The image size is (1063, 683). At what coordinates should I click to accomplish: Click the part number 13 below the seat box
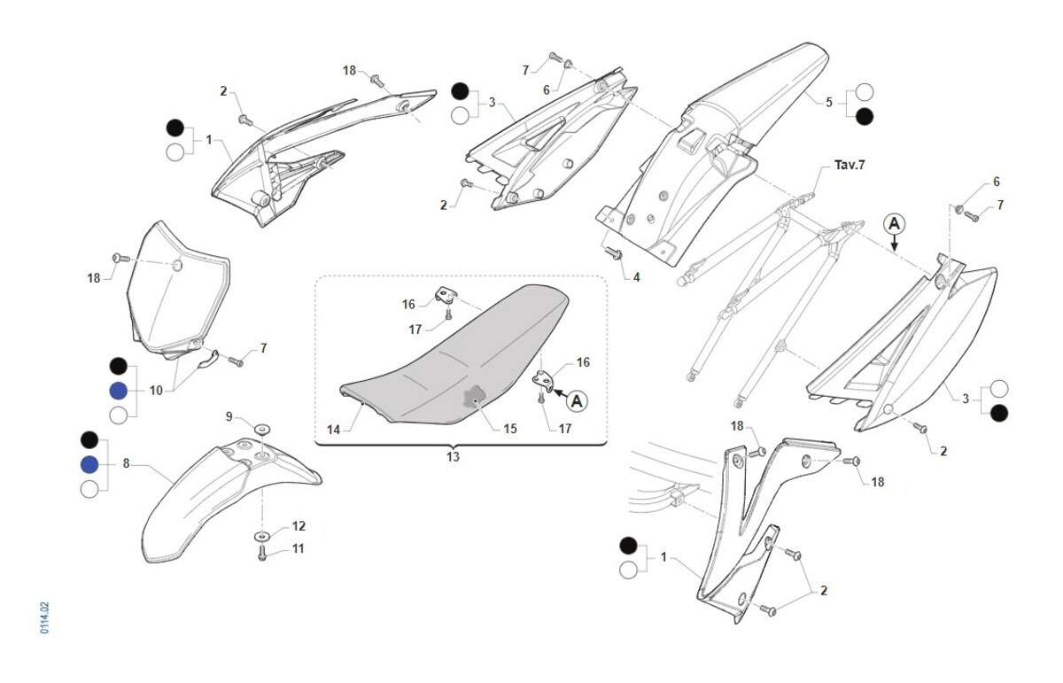pyautogui.click(x=454, y=457)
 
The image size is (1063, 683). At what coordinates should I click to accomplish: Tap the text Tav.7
pyautogui.click(x=850, y=166)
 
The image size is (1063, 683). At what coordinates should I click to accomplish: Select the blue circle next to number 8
pyautogui.click(x=89, y=465)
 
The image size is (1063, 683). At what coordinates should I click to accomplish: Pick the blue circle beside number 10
pyautogui.click(x=118, y=391)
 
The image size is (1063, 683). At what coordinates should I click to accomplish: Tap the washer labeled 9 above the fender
pyautogui.click(x=263, y=430)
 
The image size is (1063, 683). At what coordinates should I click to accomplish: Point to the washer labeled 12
pyautogui.click(x=263, y=537)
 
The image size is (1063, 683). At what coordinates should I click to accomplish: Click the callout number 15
pyautogui.click(x=509, y=430)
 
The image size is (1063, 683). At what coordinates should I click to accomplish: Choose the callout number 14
pyautogui.click(x=333, y=430)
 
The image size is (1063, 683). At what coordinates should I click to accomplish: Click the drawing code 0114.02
pyautogui.click(x=44, y=617)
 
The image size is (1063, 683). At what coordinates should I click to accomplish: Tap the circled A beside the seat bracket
pyautogui.click(x=577, y=401)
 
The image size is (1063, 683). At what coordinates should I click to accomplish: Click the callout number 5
pyautogui.click(x=829, y=102)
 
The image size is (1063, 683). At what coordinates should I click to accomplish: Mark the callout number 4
pyautogui.click(x=635, y=277)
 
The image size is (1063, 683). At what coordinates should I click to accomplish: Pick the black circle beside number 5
pyautogui.click(x=864, y=115)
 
